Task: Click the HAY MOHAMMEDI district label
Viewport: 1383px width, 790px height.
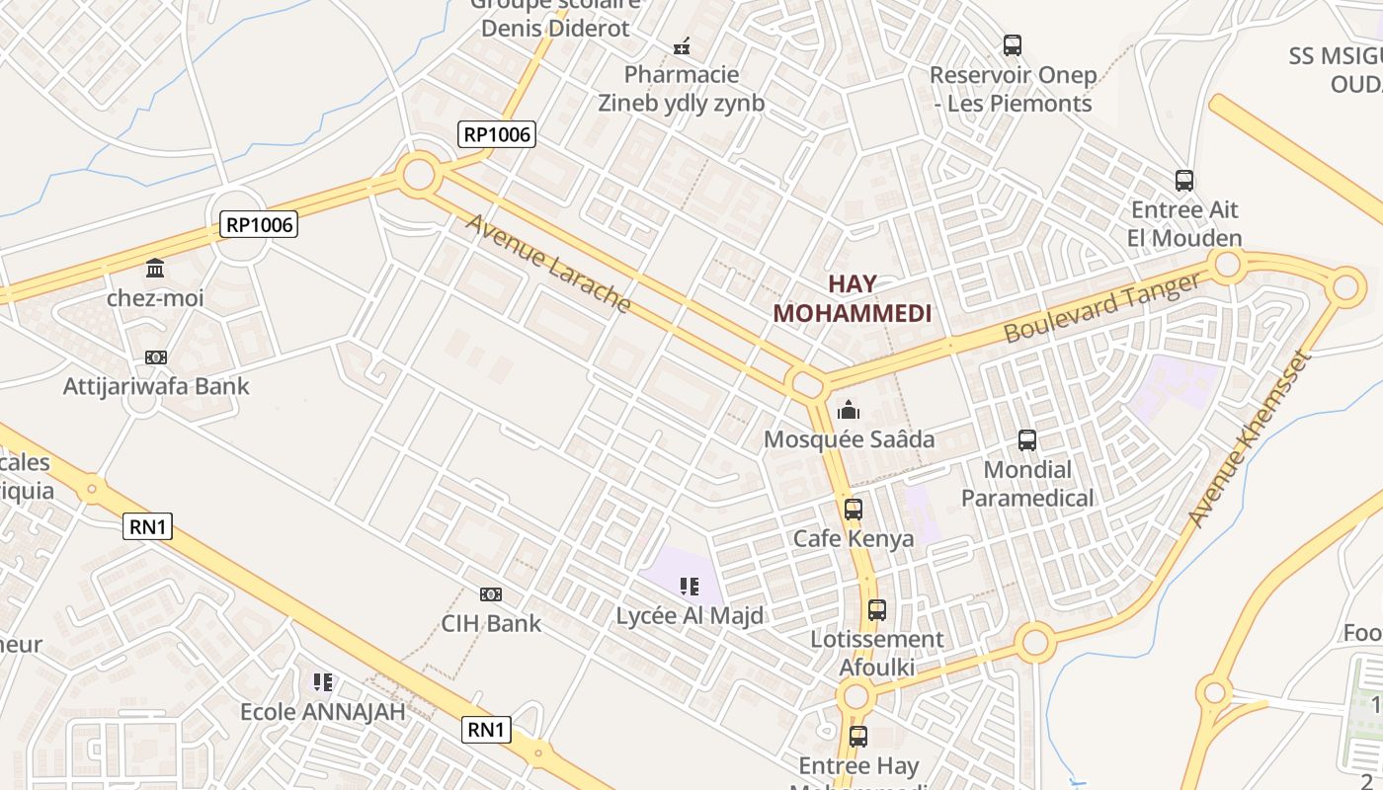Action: [852, 299]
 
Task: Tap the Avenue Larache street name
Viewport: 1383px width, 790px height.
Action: [548, 263]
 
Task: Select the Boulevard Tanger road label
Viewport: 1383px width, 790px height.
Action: [1102, 307]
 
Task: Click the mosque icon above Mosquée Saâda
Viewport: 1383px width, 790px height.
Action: [849, 410]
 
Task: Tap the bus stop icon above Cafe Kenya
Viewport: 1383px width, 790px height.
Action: [854, 510]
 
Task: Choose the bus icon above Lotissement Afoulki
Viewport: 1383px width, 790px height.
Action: [877, 610]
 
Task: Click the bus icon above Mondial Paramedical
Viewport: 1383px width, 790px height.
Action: [1027, 440]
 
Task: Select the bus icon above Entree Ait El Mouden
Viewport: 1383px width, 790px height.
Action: [1184, 181]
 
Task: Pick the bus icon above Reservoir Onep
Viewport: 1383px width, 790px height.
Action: [1013, 45]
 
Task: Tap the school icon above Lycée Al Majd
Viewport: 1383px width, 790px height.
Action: [689, 587]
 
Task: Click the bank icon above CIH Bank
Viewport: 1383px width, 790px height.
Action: [490, 593]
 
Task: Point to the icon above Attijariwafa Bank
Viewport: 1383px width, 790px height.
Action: [156, 357]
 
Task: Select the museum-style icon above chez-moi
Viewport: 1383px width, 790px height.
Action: [155, 269]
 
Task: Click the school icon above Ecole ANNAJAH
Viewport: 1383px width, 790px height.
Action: [323, 682]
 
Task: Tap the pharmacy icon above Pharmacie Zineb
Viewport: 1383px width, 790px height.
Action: [682, 45]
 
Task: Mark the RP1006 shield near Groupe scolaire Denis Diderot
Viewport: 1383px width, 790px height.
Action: [496, 134]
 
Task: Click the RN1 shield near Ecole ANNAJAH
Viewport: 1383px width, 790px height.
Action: [487, 730]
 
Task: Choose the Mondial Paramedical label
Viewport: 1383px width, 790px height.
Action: [1027, 484]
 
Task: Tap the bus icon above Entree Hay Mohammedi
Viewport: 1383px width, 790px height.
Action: [858, 737]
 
